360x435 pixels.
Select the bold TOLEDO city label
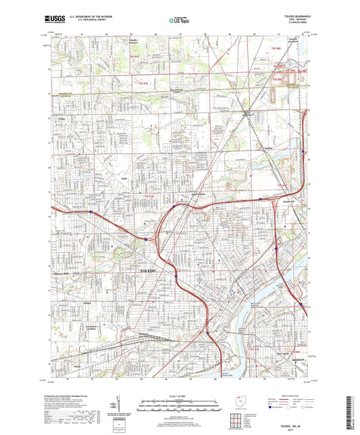tap(147, 270)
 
